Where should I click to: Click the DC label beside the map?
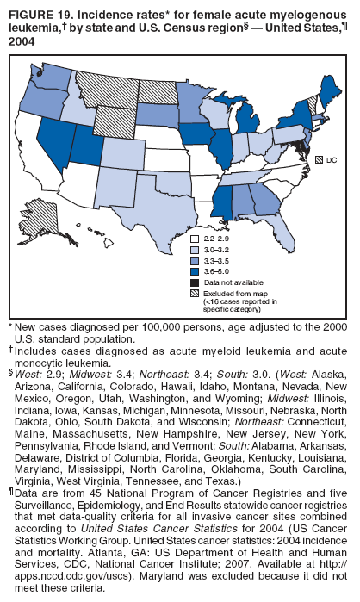click(x=331, y=160)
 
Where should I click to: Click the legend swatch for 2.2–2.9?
click(x=196, y=238)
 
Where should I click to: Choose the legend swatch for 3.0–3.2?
click(x=196, y=249)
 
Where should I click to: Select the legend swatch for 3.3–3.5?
click(x=196, y=259)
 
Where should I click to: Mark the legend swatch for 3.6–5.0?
click(x=196, y=270)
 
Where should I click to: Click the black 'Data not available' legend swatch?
click(x=196, y=282)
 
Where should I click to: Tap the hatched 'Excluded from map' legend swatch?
click(x=196, y=293)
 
